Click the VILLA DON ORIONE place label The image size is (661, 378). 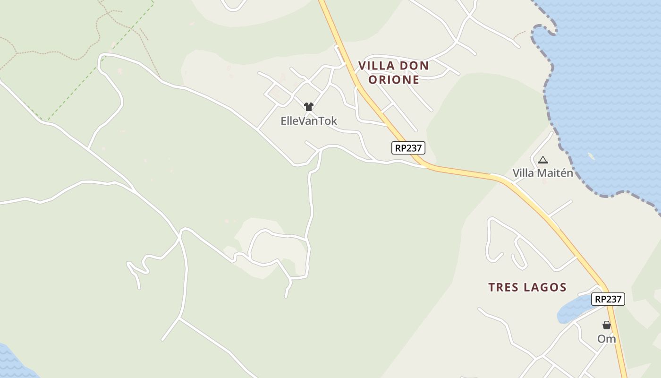click(394, 72)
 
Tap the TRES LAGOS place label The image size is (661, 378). click(527, 287)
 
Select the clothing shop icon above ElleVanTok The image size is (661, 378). click(309, 107)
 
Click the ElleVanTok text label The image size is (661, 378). click(309, 121)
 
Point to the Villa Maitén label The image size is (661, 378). click(543, 173)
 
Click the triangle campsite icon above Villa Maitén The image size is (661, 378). click(543, 160)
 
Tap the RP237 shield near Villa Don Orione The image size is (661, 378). click(408, 148)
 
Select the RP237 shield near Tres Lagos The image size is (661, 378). click(609, 299)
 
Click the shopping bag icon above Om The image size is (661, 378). click(607, 325)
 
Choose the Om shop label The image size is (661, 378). click(607, 339)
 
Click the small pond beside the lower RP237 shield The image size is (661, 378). click(573, 310)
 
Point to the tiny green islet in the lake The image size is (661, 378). click(591, 156)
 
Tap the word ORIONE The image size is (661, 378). click(394, 79)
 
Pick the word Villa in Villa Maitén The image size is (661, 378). click(523, 173)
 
